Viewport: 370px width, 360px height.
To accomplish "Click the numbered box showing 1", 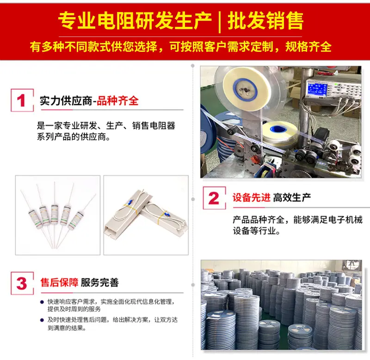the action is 22,100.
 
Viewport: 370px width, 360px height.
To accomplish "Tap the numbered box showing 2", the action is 214,198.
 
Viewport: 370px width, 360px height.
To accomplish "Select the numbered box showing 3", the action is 22,283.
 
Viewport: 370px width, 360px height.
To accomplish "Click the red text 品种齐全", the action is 117,101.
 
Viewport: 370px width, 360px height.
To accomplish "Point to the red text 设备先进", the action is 252,197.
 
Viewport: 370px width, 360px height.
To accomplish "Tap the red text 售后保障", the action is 59,282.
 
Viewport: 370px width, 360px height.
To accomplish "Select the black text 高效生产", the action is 292,197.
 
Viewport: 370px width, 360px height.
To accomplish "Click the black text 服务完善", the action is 99,282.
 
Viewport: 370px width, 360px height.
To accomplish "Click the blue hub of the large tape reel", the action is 245,89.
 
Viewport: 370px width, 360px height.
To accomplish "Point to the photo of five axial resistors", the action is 58,215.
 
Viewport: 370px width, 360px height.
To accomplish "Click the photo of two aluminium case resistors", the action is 146,215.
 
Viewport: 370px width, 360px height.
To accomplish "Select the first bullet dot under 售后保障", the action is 42,302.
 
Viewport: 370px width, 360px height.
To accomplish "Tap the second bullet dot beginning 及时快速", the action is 42,320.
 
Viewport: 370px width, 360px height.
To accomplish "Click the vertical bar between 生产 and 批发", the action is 220,21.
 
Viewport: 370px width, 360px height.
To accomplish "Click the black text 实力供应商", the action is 66,101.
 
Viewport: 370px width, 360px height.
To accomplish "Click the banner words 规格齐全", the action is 308,47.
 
